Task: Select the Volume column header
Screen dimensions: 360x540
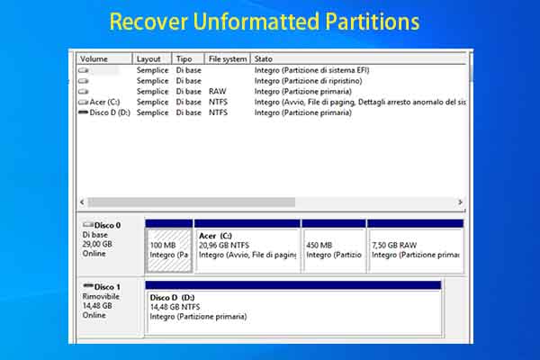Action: point(94,58)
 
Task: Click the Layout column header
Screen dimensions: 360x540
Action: point(149,58)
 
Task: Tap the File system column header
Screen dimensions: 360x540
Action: point(227,58)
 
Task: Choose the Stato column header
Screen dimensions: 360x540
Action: point(265,58)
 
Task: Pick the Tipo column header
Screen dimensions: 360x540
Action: point(184,58)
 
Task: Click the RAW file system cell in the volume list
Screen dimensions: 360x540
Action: point(218,91)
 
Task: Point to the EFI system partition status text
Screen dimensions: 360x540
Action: point(311,69)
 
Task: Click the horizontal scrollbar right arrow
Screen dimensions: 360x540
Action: point(460,202)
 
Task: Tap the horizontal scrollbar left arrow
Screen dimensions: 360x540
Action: point(83,202)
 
